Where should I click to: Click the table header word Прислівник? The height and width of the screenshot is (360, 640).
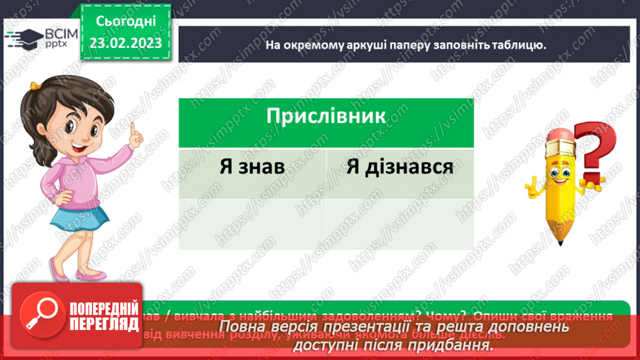pyautogui.click(x=325, y=115)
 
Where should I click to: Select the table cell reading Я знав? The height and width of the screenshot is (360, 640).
pyautogui.click(x=252, y=167)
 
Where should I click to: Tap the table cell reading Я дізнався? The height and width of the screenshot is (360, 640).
pyautogui.click(x=400, y=167)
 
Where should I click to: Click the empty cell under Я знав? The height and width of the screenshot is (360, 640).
pyautogui.click(x=252, y=224)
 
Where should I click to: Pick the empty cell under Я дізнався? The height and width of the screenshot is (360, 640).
pyautogui.click(x=400, y=224)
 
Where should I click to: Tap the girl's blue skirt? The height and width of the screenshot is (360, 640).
pyautogui.click(x=78, y=226)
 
